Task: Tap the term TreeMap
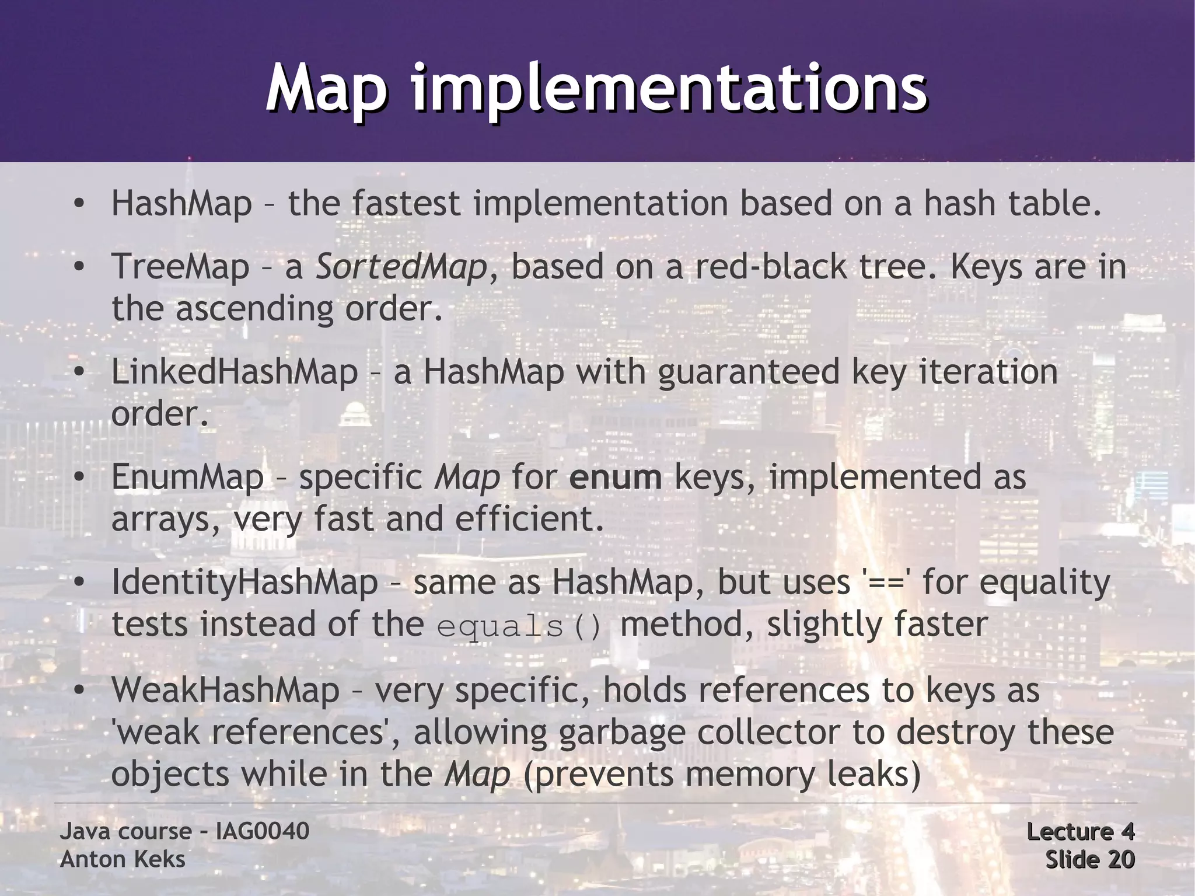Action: [x=180, y=267]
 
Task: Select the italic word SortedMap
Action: [x=401, y=267]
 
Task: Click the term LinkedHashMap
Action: [x=234, y=372]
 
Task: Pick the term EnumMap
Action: [x=187, y=477]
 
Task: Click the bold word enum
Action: [x=616, y=477]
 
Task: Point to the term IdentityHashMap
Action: [x=244, y=583]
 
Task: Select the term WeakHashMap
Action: [x=225, y=690]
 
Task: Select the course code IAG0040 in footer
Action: [x=262, y=831]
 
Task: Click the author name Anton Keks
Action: [x=123, y=859]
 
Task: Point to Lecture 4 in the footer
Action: [x=1080, y=831]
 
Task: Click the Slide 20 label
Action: [x=1089, y=859]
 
